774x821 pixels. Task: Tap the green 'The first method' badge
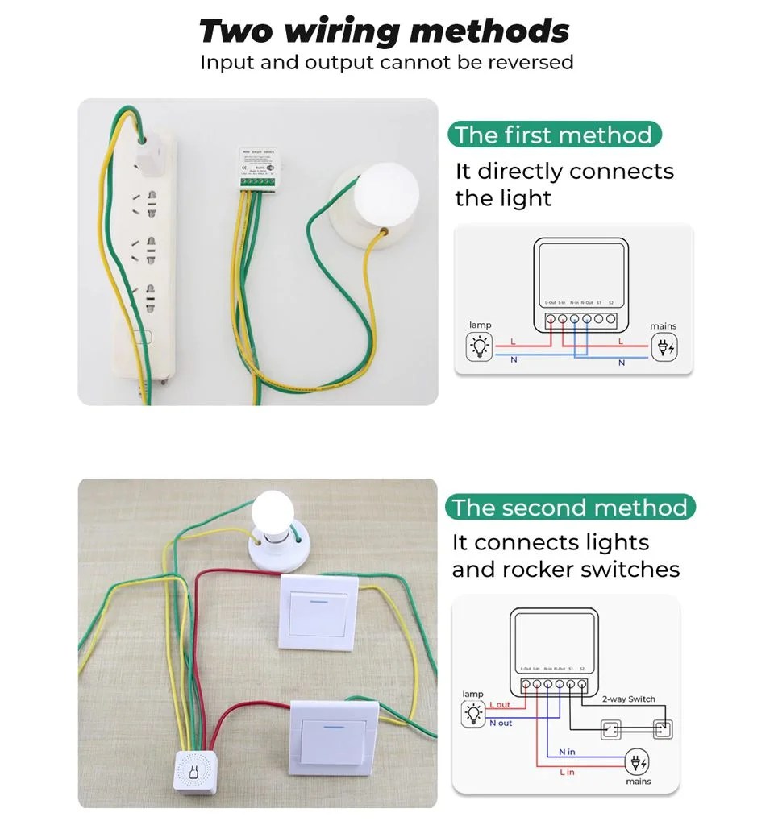tap(554, 135)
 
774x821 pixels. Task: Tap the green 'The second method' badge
tap(569, 508)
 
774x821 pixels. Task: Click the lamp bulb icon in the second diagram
tap(473, 713)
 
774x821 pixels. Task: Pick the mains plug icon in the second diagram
tap(639, 762)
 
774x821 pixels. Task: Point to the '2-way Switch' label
tap(629, 699)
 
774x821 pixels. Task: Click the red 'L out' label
tap(500, 705)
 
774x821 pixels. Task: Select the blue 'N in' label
tap(567, 752)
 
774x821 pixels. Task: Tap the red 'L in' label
tap(567, 772)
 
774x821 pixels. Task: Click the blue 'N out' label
tap(501, 723)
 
